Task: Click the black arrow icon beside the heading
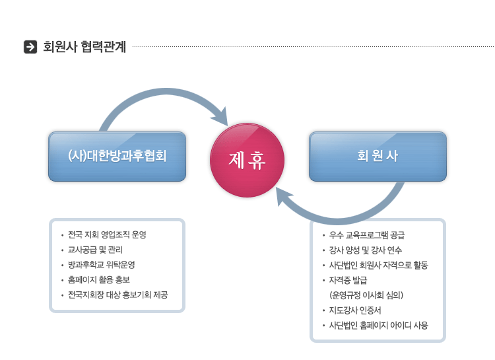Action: [x=30, y=47]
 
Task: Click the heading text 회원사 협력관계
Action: [x=84, y=47]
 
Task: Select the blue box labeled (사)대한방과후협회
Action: [x=117, y=157]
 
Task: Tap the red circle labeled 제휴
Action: [x=247, y=160]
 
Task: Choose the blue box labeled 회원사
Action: [x=378, y=157]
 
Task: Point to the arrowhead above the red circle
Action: [x=220, y=117]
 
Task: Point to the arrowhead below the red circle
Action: [x=284, y=196]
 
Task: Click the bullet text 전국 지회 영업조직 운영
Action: [x=107, y=234]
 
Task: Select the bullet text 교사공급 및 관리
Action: [x=95, y=250]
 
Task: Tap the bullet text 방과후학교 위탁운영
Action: [x=102, y=264]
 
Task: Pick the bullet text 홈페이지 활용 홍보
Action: [x=99, y=279]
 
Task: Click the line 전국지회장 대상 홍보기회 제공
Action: [x=117, y=295]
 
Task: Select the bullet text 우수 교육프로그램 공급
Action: [x=366, y=235]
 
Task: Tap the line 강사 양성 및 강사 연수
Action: [x=365, y=250]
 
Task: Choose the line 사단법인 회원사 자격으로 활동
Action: [x=378, y=265]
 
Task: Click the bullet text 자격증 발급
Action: [x=348, y=280]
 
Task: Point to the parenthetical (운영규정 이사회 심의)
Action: [x=366, y=295]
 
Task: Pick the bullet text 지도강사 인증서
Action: [x=355, y=310]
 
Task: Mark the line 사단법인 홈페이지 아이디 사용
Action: [x=378, y=325]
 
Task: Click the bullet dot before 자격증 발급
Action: [x=323, y=280]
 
